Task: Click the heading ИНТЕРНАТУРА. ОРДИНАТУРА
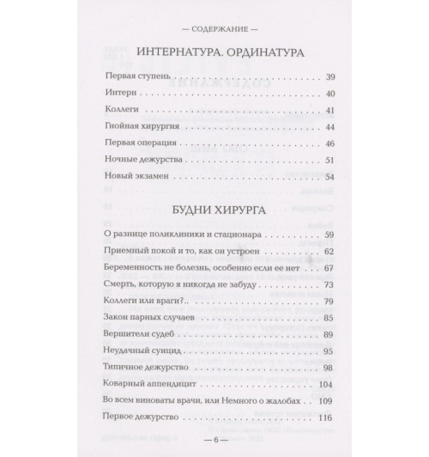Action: coord(214,52)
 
